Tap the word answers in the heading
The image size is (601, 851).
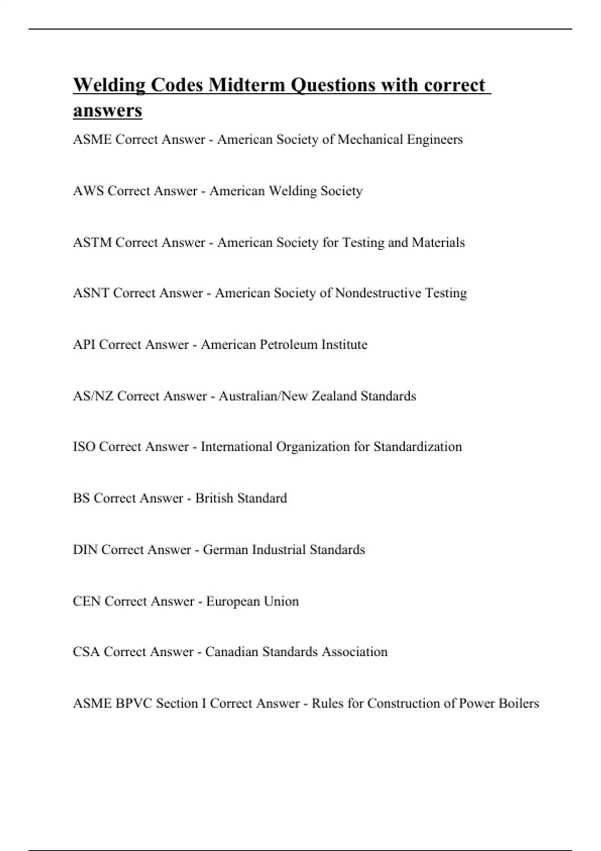(x=107, y=111)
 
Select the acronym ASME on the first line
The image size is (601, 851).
(x=92, y=139)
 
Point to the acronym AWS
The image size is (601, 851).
(x=88, y=191)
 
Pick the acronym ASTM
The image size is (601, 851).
(x=92, y=242)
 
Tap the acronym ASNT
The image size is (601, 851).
(x=91, y=293)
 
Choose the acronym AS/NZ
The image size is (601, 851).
(x=93, y=396)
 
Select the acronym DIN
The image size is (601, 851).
(x=85, y=550)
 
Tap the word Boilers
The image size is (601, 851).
(x=519, y=703)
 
